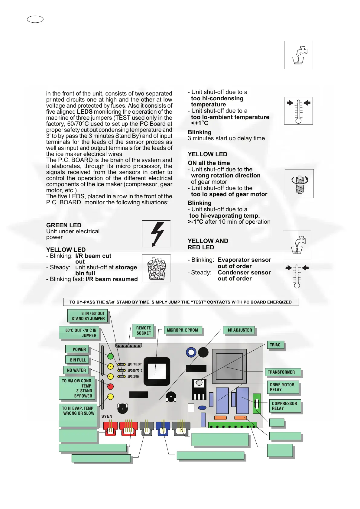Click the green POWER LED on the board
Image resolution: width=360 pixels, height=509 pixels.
pos(110,356)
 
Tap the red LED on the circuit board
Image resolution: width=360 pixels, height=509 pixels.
pos(110,386)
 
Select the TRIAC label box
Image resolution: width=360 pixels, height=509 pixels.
pos(275,345)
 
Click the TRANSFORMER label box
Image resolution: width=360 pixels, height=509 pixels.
pos(283,372)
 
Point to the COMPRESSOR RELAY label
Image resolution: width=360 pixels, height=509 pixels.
pos(284,406)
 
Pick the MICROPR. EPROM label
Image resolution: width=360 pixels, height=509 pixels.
pos(183,330)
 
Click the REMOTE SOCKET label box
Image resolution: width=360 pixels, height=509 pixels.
pos(143,330)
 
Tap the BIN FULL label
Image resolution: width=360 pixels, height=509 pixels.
pos(77,360)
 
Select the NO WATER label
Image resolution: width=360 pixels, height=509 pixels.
pos(76,370)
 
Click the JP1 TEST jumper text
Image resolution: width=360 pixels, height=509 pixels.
pos(135,365)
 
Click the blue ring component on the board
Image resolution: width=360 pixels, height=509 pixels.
pos(191,352)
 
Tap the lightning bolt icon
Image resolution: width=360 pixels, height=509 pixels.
pos(157,234)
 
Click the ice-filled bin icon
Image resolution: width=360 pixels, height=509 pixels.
pos(156,268)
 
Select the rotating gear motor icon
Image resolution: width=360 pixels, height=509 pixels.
pos(299,184)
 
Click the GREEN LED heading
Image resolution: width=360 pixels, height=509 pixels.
pos(64,225)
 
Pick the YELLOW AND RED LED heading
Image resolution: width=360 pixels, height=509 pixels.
pos(208,244)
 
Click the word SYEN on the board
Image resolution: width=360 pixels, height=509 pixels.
pos(107,416)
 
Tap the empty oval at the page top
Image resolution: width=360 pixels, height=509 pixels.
pos(35,19)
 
